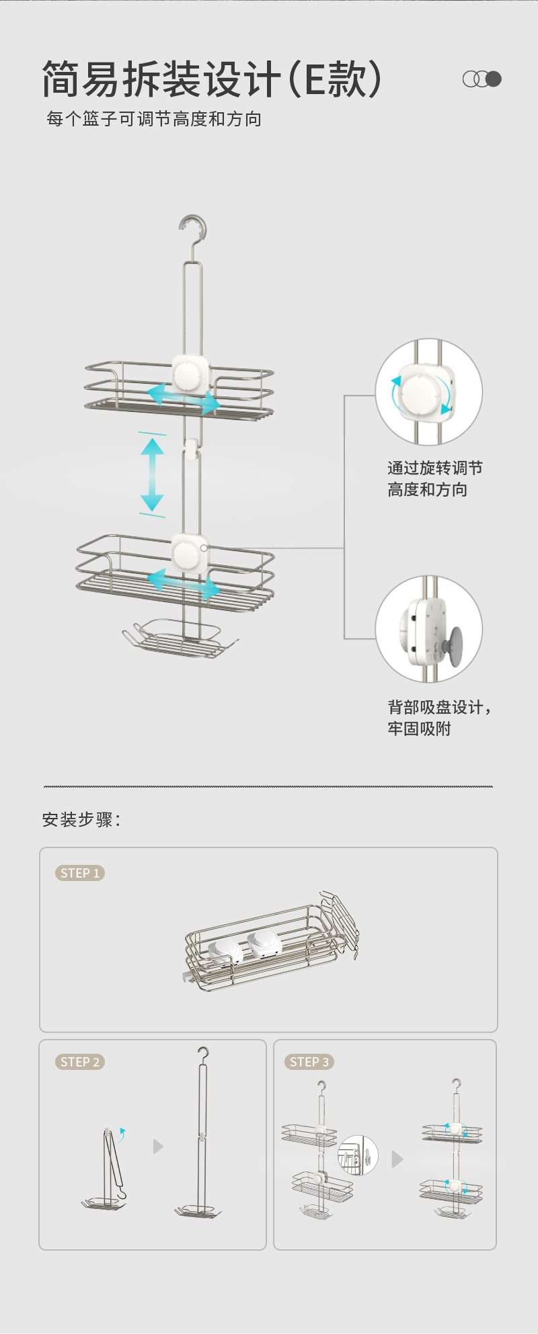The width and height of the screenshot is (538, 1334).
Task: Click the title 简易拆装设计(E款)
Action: [x=212, y=79]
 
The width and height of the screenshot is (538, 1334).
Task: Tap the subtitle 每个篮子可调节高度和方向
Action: [x=154, y=119]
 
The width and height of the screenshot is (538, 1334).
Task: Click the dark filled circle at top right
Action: [x=494, y=79]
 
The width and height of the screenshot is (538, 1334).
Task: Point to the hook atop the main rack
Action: [x=192, y=232]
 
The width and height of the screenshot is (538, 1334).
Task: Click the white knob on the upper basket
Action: [x=189, y=374]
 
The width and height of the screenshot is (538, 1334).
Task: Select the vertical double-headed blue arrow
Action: [x=152, y=474]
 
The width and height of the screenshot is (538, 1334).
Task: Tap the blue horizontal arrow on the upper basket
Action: [x=184, y=399]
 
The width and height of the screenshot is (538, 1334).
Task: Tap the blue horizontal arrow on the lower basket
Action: [x=184, y=583]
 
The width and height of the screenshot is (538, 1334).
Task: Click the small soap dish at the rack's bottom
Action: [x=179, y=638]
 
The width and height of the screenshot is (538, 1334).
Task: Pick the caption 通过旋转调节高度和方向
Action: [x=434, y=478]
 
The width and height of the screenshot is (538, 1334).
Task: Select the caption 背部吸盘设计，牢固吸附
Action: [x=439, y=718]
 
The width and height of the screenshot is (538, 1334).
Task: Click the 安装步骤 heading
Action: [x=81, y=820]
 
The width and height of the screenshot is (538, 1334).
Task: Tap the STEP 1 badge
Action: [x=80, y=873]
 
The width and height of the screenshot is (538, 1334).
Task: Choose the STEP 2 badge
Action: [x=80, y=1062]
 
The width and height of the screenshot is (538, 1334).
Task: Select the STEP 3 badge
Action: [x=309, y=1062]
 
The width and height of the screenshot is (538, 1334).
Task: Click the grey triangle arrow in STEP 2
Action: [x=158, y=1146]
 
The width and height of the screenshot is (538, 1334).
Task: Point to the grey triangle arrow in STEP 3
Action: [x=397, y=1159]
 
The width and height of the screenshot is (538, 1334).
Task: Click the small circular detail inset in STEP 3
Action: [x=358, y=1155]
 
